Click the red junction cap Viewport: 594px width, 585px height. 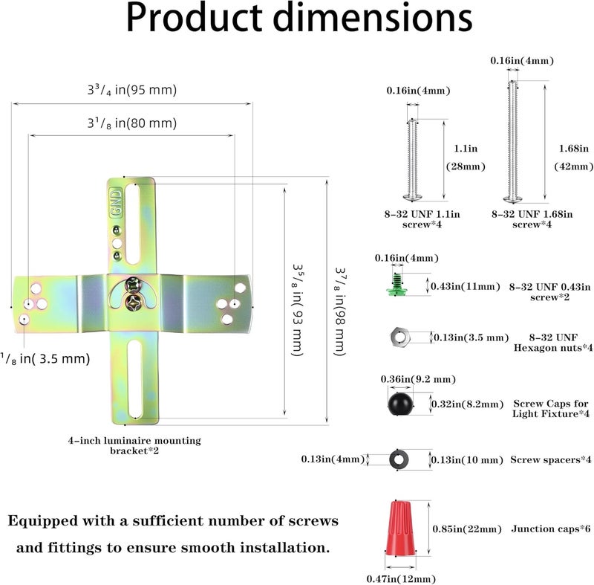(400, 529)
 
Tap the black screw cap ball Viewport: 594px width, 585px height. (400, 404)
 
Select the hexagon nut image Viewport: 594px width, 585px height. (399, 337)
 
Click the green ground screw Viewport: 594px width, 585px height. (396, 285)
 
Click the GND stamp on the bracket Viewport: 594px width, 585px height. (116, 202)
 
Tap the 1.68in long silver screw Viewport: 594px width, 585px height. (512, 141)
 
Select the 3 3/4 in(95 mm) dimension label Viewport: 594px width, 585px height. (132, 90)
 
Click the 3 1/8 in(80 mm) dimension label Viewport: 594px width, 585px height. (132, 123)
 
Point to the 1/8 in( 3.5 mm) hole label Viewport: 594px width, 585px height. (45, 359)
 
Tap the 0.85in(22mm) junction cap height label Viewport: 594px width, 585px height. (467, 529)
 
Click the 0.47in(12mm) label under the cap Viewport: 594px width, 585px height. (401, 579)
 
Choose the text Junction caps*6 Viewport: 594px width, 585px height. (551, 529)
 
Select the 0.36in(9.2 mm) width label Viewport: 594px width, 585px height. (418, 379)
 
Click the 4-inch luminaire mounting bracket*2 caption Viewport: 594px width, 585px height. (134, 445)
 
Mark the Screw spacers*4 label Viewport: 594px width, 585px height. (551, 459)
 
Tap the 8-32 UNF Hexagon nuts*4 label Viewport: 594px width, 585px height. (553, 343)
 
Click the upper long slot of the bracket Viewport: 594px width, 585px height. (133, 224)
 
